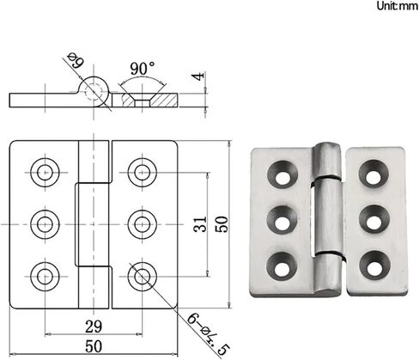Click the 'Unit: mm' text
(398, 6)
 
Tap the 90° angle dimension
(143, 69)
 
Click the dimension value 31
(200, 224)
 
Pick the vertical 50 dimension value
(222, 224)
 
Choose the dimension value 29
(94, 326)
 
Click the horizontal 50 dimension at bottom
(94, 347)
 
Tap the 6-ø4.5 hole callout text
(209, 334)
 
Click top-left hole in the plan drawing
(45, 173)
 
